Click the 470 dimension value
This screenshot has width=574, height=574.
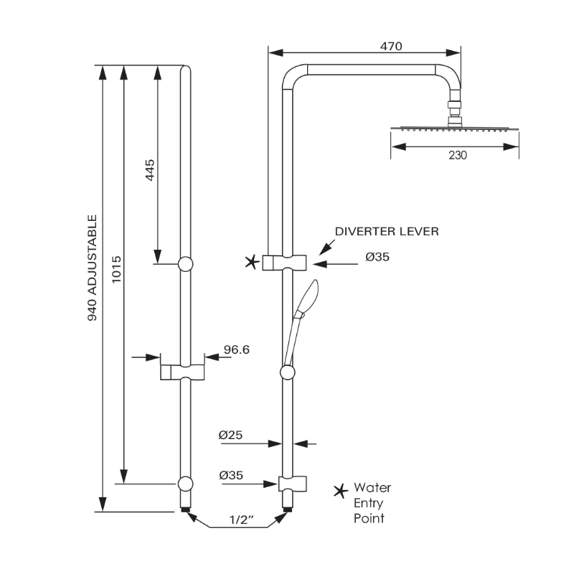(390, 46)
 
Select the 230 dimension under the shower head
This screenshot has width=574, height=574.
(456, 156)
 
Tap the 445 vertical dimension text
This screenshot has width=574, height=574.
(150, 170)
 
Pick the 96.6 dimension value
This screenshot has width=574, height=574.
(236, 349)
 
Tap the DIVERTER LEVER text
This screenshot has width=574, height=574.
(387, 231)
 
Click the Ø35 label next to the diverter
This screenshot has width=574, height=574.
(377, 257)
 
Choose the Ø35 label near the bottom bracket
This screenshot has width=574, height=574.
(232, 475)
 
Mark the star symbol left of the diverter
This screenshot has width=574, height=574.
(251, 263)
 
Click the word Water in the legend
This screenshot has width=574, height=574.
(372, 488)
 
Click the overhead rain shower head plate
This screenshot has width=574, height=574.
(454, 129)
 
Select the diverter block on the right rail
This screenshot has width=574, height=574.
(286, 262)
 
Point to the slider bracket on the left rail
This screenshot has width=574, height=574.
(182, 372)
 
